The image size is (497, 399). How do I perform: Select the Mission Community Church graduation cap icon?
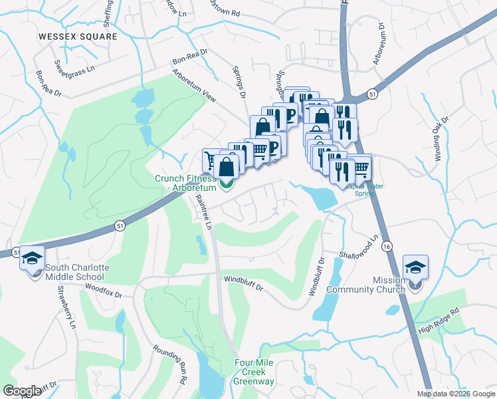point(416,267)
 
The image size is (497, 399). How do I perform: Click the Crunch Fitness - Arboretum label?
point(186,183)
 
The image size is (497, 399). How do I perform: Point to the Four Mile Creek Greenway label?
point(253,372)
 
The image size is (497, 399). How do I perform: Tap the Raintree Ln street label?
point(201,215)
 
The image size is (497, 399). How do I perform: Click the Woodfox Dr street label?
point(104,290)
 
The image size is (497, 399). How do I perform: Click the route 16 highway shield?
point(387,247)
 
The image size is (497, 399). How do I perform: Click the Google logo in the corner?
point(23,391)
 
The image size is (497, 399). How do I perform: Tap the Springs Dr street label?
point(239,78)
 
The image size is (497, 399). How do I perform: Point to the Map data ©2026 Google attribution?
point(456,394)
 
